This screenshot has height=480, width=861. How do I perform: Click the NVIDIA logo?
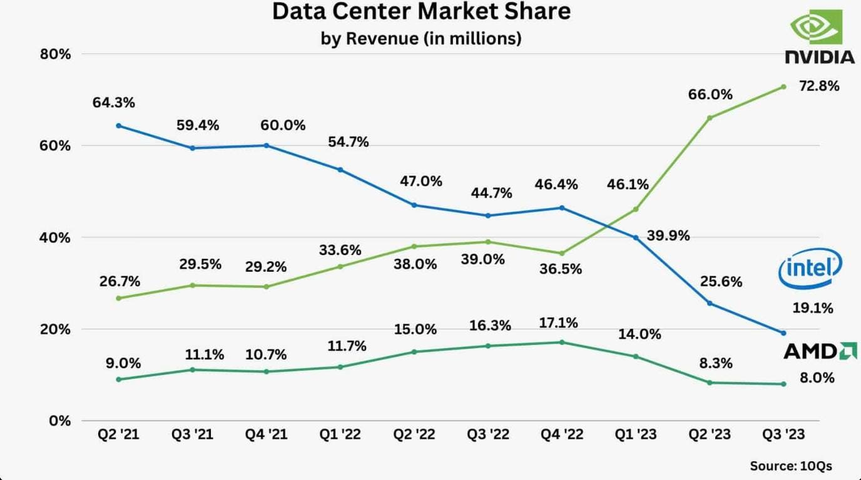(x=820, y=37)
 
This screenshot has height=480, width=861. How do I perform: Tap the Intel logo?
(x=810, y=270)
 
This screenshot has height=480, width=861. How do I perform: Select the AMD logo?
(x=820, y=351)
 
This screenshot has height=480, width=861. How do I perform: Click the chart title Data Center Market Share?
(x=421, y=12)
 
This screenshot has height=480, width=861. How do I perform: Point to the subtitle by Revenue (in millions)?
(x=421, y=38)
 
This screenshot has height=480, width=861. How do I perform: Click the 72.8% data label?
(x=818, y=86)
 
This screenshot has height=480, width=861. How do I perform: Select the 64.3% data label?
(x=114, y=102)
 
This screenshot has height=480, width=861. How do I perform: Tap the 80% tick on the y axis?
(x=56, y=54)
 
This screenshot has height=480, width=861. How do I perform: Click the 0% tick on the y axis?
(x=60, y=421)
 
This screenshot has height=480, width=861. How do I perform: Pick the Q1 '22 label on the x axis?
(x=340, y=434)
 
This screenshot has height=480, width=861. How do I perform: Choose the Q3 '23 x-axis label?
(x=783, y=434)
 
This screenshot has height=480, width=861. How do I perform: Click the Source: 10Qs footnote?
(x=791, y=466)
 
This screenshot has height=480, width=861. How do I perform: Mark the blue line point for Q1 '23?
(x=636, y=237)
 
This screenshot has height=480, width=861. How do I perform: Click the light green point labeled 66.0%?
(x=710, y=117)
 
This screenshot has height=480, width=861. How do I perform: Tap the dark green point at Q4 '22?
(x=562, y=342)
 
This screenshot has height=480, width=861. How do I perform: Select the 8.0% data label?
(x=816, y=378)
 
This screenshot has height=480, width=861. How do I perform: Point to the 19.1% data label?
(x=813, y=308)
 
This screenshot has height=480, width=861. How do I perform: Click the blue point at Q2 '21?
(x=119, y=126)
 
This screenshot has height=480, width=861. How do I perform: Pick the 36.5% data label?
(x=561, y=269)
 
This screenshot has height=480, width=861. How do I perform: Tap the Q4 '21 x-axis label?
(x=267, y=434)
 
